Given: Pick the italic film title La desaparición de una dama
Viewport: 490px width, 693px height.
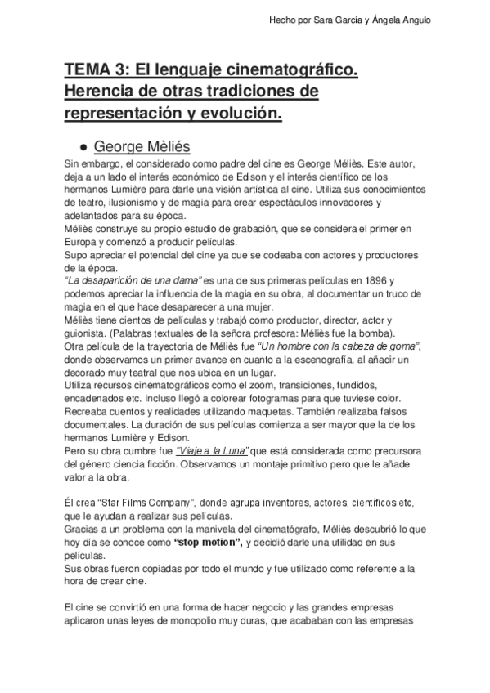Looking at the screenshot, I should (x=131, y=281).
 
